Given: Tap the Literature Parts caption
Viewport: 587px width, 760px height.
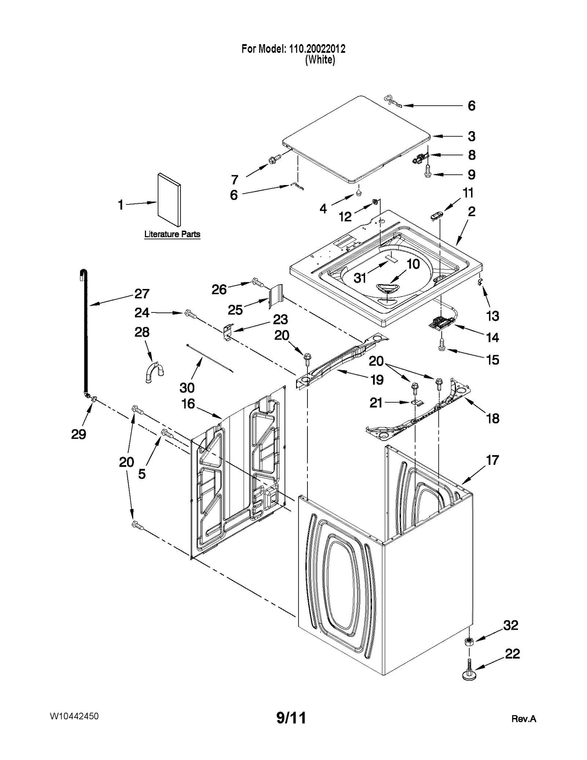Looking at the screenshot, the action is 172,234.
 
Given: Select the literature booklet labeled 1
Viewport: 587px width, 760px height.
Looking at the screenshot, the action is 169,200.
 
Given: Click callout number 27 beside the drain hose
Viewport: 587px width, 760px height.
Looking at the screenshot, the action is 142,293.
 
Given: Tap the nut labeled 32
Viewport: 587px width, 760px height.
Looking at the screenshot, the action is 468,641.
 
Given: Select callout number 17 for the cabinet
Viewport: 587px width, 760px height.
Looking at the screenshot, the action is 492,460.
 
